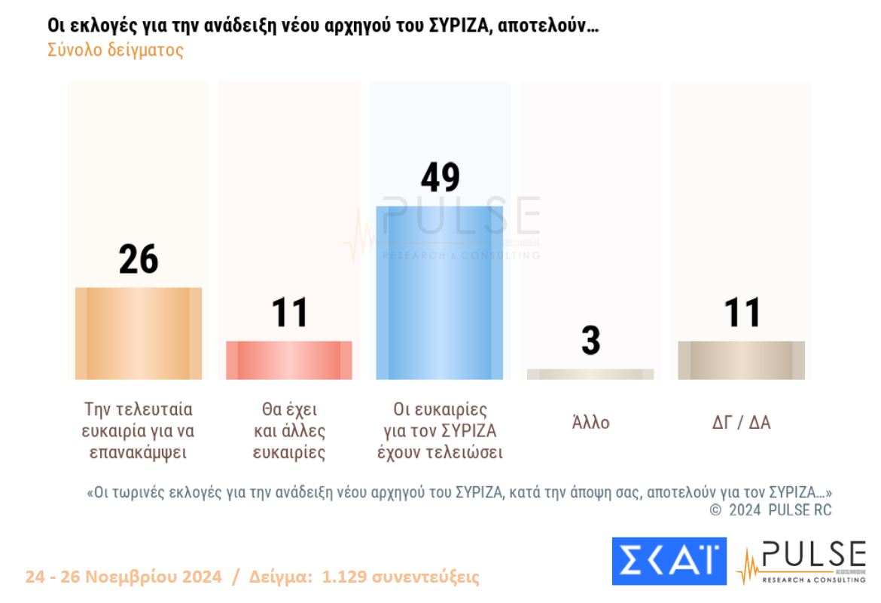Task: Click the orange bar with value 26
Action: pos(139,333)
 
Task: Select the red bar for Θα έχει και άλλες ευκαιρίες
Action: pos(289,360)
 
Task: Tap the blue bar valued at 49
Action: pos(440,292)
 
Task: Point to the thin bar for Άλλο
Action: pos(590,374)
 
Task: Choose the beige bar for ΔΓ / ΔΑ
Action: pos(741,360)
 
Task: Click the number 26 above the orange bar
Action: pos(139,260)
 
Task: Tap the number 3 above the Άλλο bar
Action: pos(590,341)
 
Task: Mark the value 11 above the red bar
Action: pos(289,313)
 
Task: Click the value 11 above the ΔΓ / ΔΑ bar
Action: pos(742,313)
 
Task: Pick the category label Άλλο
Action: pos(590,423)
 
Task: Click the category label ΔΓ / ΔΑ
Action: pos(741,423)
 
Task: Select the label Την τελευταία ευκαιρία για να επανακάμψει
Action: pos(139,431)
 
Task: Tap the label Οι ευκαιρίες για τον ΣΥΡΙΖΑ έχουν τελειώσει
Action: pos(440,431)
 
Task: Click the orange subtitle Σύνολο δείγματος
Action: pos(115,51)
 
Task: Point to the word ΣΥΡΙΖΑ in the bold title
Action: pos(455,25)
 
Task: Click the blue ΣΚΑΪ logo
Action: pos(669,562)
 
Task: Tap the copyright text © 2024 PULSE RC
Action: pos(770,510)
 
